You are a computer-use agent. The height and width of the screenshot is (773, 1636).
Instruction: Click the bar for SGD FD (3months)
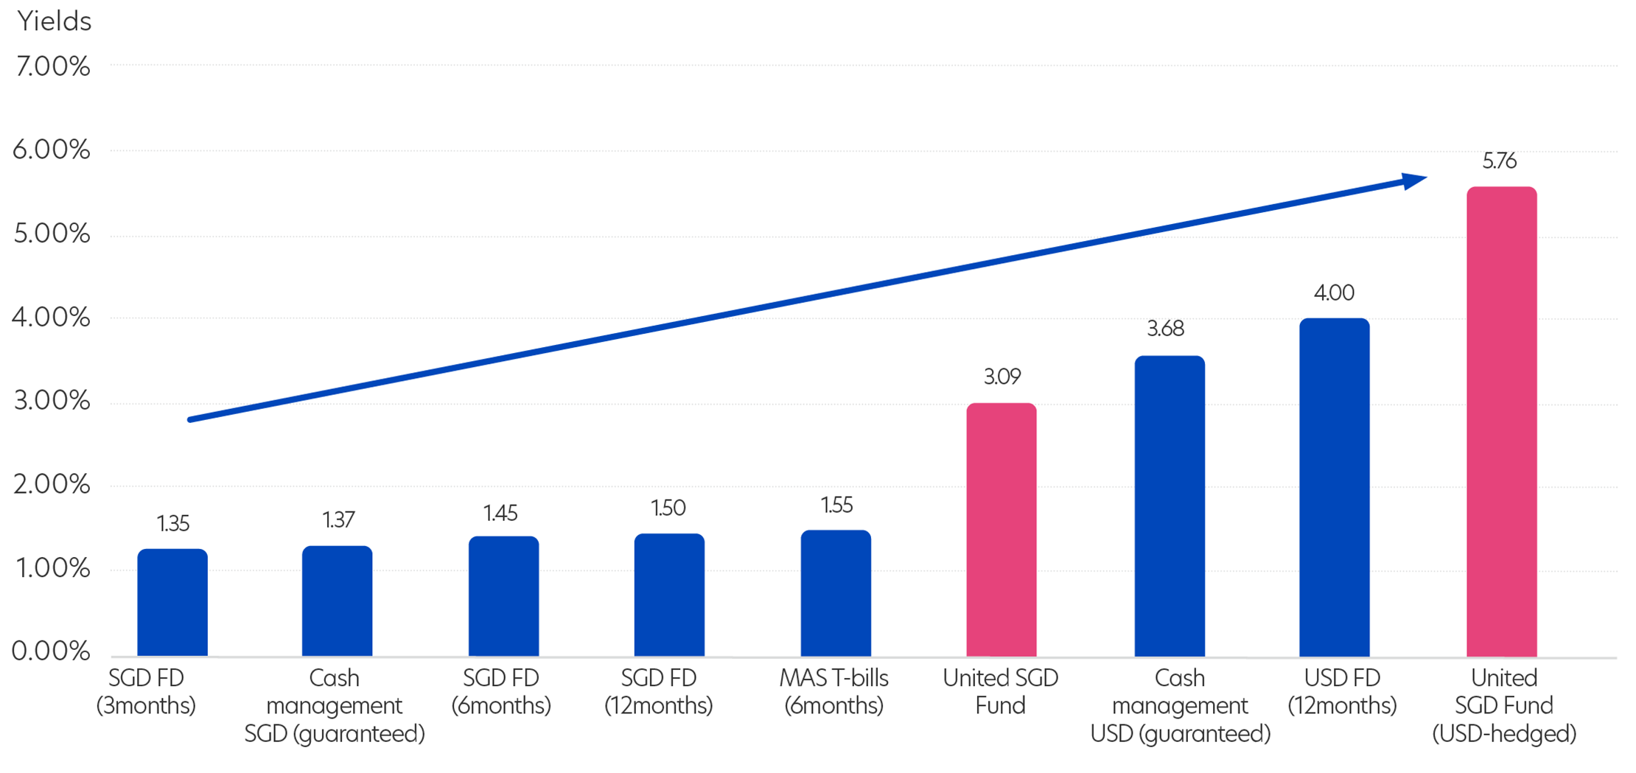click(x=172, y=602)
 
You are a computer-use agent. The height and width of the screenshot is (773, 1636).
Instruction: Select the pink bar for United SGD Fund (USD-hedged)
click(x=1501, y=422)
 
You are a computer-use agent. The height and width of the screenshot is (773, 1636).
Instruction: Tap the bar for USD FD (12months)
click(x=1334, y=487)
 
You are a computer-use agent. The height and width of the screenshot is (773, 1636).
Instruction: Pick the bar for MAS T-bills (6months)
click(x=836, y=593)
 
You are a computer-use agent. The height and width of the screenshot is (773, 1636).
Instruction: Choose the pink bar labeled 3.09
click(x=1001, y=530)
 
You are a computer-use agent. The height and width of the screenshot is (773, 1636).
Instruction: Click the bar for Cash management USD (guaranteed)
click(x=1170, y=506)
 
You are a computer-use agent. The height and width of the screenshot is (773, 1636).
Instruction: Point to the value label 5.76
click(x=1500, y=161)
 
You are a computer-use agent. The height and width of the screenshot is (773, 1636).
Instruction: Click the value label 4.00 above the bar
click(x=1334, y=293)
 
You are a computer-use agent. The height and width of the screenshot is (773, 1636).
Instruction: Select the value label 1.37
click(x=338, y=520)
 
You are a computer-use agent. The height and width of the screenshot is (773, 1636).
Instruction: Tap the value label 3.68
click(x=1166, y=328)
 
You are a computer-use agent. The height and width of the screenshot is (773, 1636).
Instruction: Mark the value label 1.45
click(x=500, y=513)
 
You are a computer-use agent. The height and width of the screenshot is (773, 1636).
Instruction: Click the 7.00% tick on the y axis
click(x=52, y=66)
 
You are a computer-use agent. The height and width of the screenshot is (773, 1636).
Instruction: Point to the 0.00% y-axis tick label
click(x=51, y=651)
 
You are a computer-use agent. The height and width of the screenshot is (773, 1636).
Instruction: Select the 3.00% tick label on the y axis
click(x=52, y=401)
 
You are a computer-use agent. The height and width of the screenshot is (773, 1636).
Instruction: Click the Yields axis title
click(x=55, y=21)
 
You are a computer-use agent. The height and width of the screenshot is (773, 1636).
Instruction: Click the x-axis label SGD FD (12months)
click(x=659, y=691)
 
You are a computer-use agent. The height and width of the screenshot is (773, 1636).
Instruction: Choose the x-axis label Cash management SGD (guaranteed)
click(x=335, y=705)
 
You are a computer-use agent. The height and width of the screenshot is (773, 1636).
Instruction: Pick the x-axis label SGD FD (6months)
click(x=501, y=691)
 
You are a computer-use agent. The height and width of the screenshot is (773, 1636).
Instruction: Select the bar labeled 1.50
click(x=669, y=595)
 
